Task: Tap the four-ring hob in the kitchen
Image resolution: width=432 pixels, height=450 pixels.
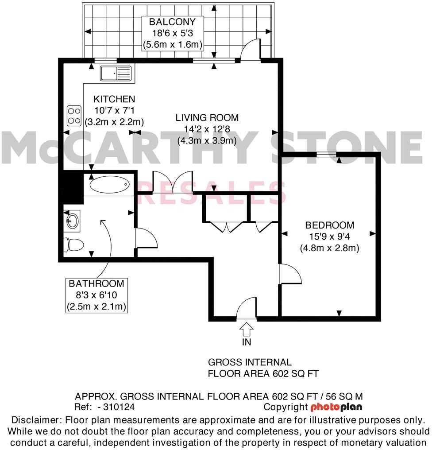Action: click(x=74, y=116)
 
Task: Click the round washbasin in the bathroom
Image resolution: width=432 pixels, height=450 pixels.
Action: click(x=72, y=220)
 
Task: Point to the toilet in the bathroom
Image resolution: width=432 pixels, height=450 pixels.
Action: click(x=73, y=244)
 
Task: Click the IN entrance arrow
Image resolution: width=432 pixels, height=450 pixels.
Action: click(x=246, y=330)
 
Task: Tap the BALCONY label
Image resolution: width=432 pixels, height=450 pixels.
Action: click(x=172, y=22)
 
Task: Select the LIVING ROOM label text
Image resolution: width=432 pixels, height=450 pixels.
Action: click(x=207, y=118)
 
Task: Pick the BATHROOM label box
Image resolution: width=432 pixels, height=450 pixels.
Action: click(x=96, y=295)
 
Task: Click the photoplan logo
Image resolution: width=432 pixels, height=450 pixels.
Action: click(x=336, y=407)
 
